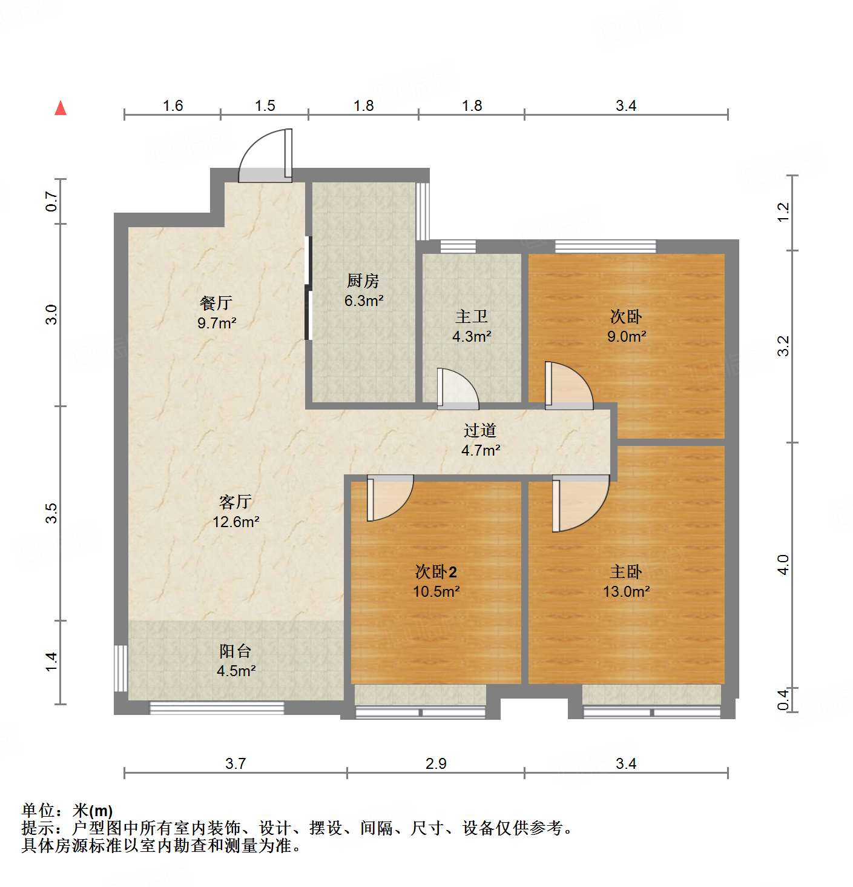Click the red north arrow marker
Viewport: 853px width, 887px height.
pos(61,108)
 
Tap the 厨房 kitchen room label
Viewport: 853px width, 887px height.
pos(363,281)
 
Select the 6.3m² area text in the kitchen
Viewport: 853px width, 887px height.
pos(364,301)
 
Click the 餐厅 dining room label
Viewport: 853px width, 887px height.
pos(216,303)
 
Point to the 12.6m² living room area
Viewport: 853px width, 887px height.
pos(236,522)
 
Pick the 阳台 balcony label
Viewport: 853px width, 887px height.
pos(235,651)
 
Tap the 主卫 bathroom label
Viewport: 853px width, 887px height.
pos(472,316)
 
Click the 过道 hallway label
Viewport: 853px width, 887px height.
pos(480,430)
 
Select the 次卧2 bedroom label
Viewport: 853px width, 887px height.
pos(436,571)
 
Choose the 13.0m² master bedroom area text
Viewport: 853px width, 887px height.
pos(627,591)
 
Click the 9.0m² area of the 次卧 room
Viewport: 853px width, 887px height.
pos(627,336)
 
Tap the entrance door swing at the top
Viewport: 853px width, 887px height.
pos(266,158)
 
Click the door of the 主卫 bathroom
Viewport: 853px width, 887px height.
pos(457,389)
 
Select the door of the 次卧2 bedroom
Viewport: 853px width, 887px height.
pos(389,498)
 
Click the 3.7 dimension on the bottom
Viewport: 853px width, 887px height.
pos(235,763)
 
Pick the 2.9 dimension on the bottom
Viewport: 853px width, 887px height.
pos(436,763)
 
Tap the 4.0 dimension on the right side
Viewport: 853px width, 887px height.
pos(783,565)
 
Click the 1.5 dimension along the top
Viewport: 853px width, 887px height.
pos(265,106)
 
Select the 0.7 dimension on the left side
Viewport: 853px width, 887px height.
pos(52,201)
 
